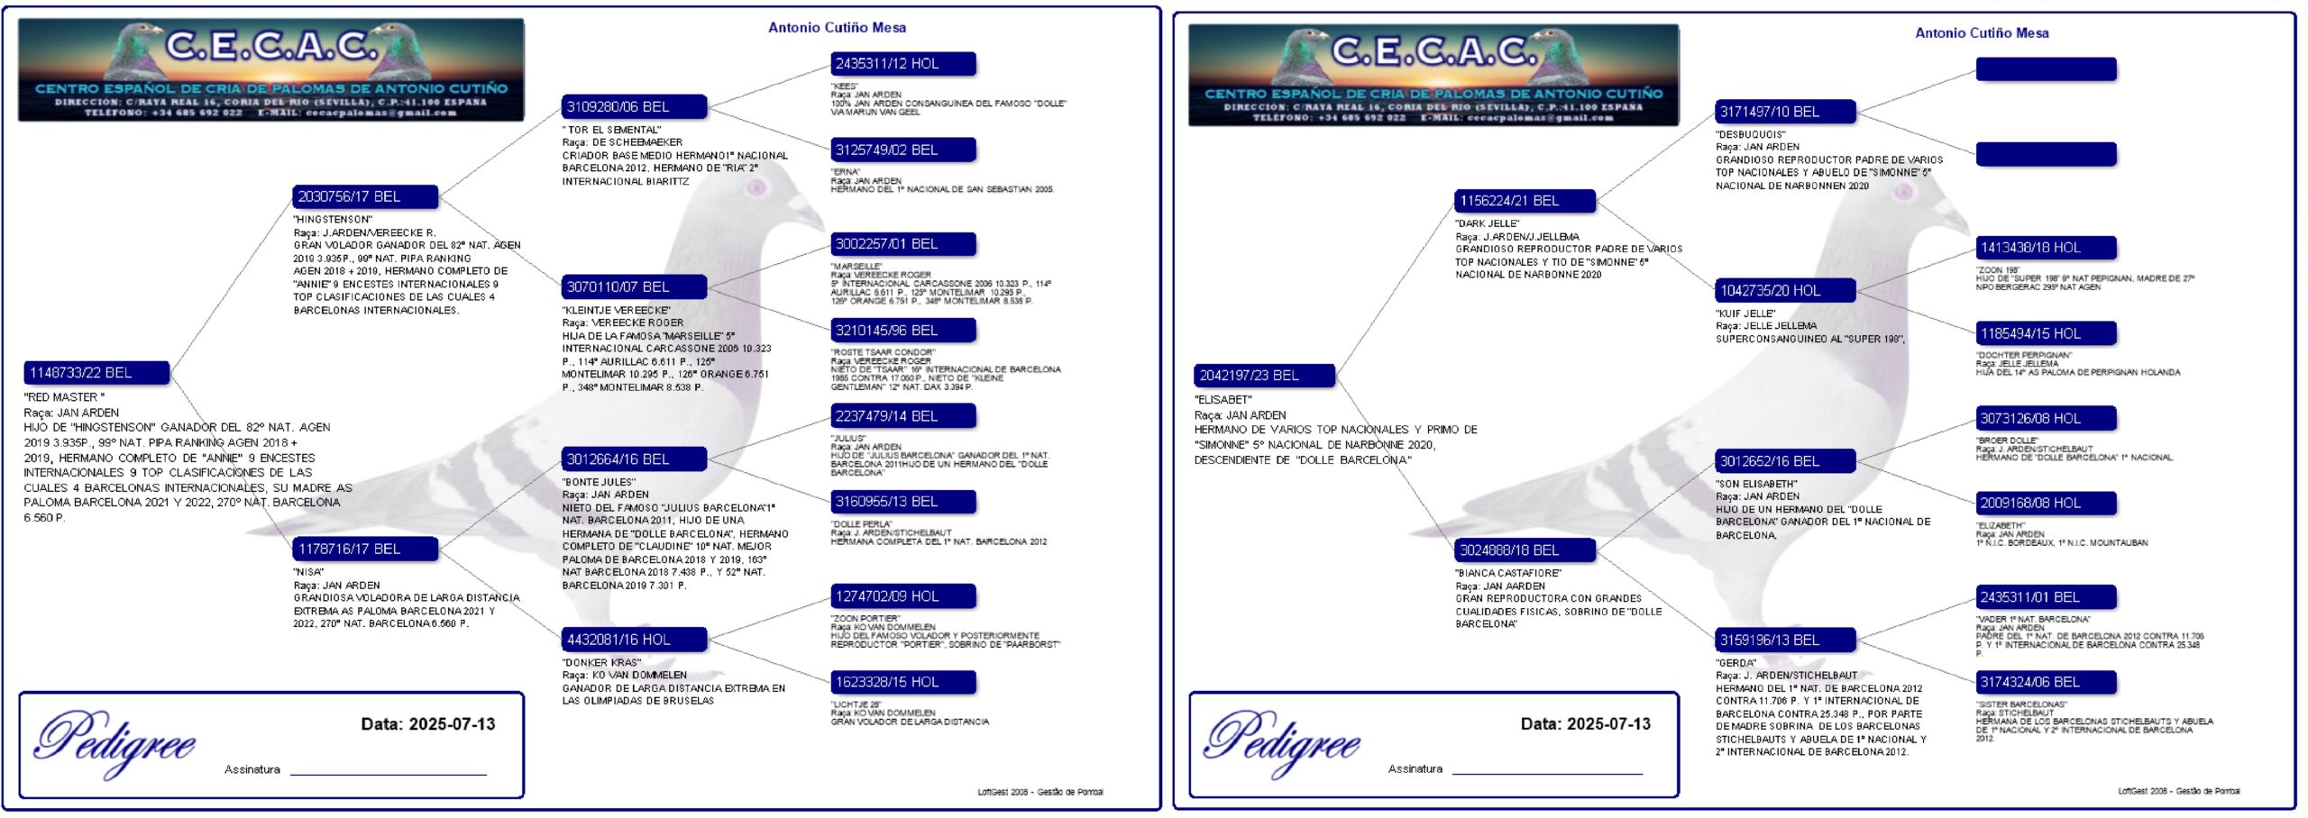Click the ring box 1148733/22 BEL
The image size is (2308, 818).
point(96,373)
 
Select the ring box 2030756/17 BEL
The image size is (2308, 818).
point(365,196)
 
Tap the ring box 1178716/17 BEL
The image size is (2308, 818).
point(365,549)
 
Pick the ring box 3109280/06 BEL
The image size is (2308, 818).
point(634,107)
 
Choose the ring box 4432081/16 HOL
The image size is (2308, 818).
point(634,640)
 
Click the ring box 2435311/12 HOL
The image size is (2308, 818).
point(902,64)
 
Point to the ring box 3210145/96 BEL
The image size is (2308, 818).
point(902,331)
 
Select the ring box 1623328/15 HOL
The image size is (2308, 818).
point(902,683)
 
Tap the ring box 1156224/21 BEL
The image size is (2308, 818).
point(1525,201)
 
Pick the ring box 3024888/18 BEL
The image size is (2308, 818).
point(1525,550)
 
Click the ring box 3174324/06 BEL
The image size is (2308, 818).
point(2046,683)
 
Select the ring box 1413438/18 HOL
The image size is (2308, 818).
point(2046,248)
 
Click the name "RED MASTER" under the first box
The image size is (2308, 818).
point(65,397)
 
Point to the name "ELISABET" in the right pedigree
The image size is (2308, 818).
point(1223,400)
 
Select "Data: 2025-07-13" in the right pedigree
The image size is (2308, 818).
point(1585,724)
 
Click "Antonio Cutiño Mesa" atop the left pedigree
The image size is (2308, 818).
point(837,28)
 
